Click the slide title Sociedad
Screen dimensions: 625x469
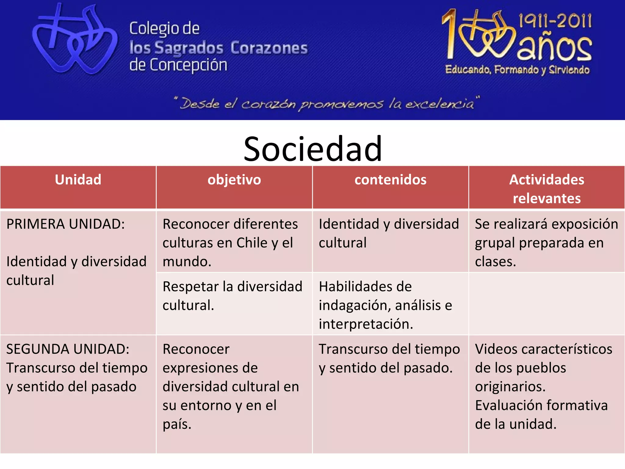pos(312,149)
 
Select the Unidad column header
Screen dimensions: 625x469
pos(78,180)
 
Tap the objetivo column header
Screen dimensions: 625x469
pos(234,180)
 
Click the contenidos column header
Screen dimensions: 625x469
pos(390,180)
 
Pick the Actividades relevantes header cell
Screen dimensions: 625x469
pos(547,189)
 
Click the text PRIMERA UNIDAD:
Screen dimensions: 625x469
pos(66,224)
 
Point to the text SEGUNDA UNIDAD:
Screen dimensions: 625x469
pos(68,349)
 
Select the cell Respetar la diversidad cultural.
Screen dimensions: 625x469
pos(233,296)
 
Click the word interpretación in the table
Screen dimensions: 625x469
pos(366,324)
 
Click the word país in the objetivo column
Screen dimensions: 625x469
pos(177,424)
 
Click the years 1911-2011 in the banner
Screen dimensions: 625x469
pos(555,21)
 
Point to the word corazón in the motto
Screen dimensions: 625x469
pos(268,104)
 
